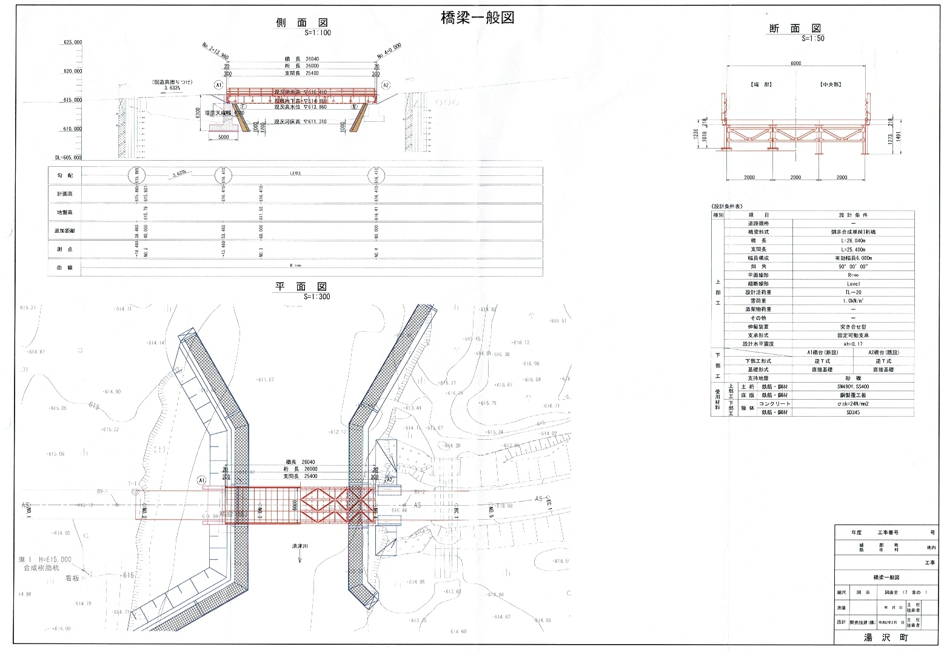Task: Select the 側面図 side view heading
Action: [x=302, y=23]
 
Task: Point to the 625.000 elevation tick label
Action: [x=72, y=43]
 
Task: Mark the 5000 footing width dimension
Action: [x=223, y=138]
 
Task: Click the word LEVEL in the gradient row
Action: [x=296, y=173]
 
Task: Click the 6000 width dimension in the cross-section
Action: [x=795, y=63]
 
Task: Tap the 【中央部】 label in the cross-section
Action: [x=831, y=84]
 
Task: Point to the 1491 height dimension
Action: [x=899, y=137]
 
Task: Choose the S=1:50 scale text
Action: [x=812, y=38]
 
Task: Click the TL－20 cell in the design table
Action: [x=852, y=292]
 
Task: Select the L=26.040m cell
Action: [x=852, y=241]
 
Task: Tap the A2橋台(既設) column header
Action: [x=883, y=352]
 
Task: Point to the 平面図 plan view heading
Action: [x=301, y=287]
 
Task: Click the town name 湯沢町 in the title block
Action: [x=886, y=638]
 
